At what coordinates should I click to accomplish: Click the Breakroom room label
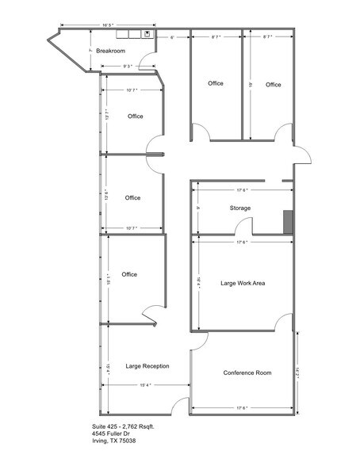[111, 51]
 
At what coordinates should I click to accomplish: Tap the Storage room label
[240, 208]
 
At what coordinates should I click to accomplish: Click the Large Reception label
[147, 366]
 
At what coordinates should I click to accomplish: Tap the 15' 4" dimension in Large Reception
[143, 385]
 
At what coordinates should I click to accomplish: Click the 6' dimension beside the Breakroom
[172, 37]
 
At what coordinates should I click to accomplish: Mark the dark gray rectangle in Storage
[288, 222]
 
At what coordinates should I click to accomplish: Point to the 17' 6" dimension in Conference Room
[241, 408]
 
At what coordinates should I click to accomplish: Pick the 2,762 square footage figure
[136, 426]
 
